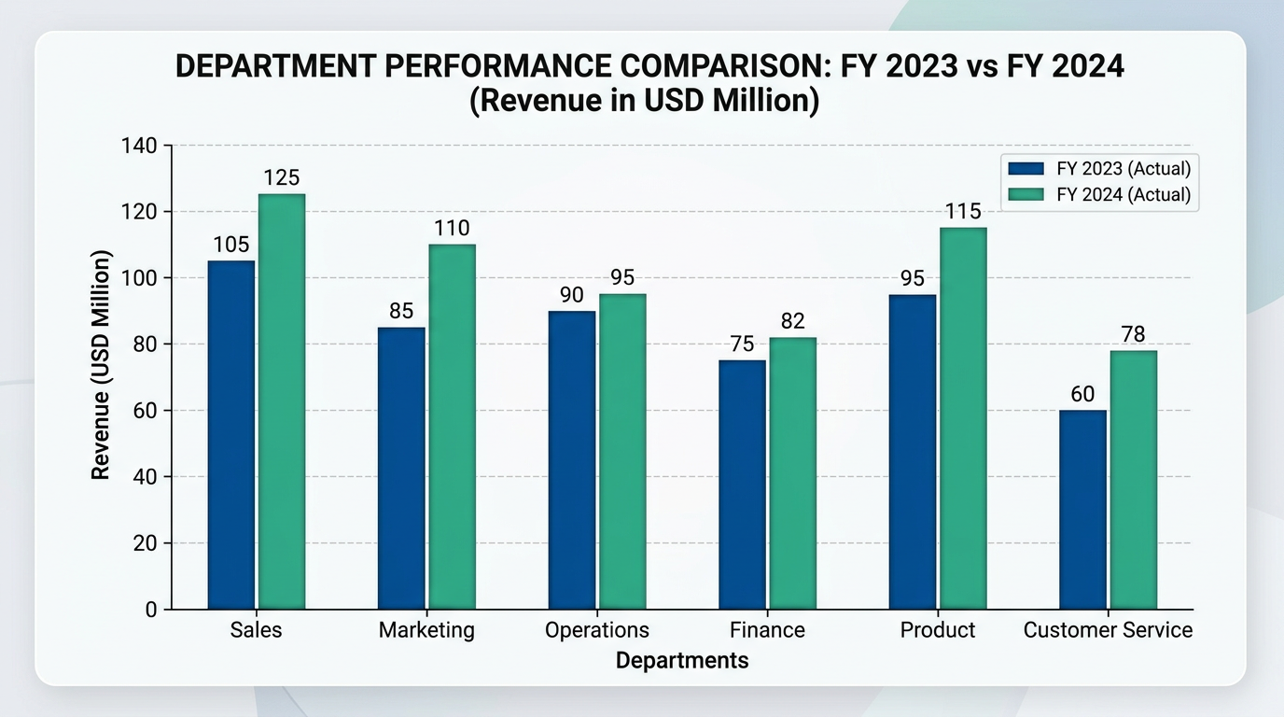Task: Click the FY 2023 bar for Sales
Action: [x=231, y=435]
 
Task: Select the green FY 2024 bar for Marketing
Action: [x=452, y=427]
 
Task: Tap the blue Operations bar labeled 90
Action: [x=571, y=460]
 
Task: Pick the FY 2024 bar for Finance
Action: [x=792, y=473]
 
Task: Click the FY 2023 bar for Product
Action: [x=912, y=452]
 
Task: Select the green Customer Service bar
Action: [x=1133, y=480]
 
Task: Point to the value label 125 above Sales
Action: [x=281, y=178]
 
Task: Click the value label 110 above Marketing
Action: [x=452, y=229]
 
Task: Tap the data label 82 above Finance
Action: [x=792, y=321]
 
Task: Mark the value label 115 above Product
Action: [x=962, y=212]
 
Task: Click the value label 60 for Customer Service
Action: [x=1082, y=394]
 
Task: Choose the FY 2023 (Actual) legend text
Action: [x=1123, y=169]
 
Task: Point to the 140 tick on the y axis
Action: [x=139, y=146]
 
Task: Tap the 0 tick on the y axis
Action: [x=150, y=610]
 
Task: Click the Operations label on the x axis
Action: [x=596, y=630]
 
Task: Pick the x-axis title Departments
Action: [x=682, y=661]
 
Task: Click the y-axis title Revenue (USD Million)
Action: [x=101, y=365]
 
